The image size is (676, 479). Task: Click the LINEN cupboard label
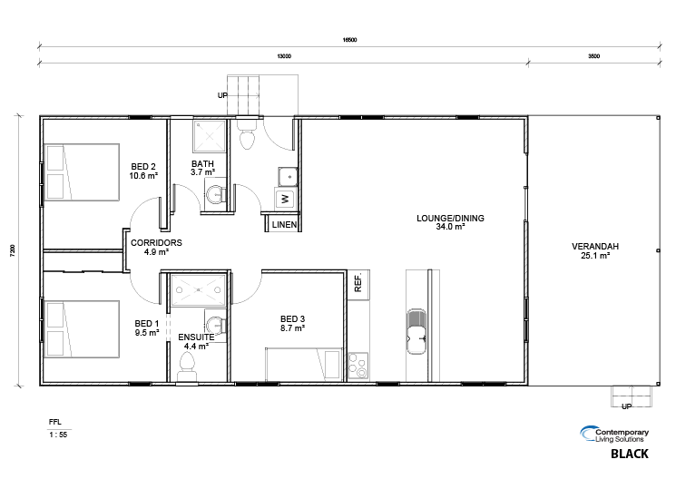(284, 225)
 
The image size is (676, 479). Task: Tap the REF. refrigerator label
(358, 283)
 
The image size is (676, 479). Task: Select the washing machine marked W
(285, 199)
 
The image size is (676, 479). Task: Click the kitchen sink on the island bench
(416, 331)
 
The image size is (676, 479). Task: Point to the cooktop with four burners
(358, 367)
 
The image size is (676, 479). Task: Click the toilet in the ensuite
(187, 367)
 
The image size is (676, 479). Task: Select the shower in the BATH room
(210, 136)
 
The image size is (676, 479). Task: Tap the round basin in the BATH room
(215, 195)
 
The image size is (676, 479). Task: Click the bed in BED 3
(304, 365)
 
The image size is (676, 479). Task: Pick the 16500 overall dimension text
(349, 40)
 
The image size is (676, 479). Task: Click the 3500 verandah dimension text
(594, 56)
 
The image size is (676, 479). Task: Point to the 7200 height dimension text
(13, 250)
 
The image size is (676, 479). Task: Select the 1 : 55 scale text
(58, 435)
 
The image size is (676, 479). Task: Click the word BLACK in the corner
(630, 454)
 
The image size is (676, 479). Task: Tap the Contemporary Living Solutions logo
(614, 435)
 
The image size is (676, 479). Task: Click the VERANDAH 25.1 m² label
(595, 250)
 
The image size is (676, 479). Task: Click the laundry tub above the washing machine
(288, 177)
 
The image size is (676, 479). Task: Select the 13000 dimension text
(284, 56)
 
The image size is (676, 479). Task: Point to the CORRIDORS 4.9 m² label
(156, 247)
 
